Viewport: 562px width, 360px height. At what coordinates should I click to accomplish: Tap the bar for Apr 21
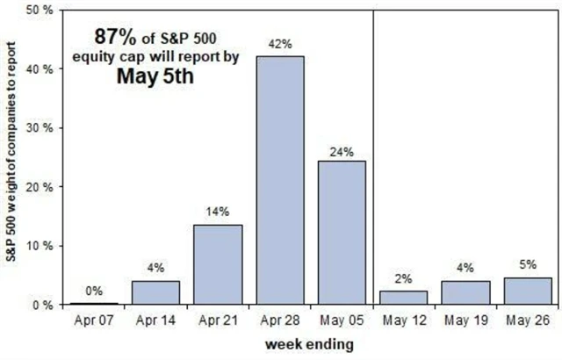pyautogui.click(x=217, y=264)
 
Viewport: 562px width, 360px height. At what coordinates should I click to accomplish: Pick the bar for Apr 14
pyautogui.click(x=155, y=292)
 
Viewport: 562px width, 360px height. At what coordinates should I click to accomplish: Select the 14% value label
pyautogui.click(x=217, y=213)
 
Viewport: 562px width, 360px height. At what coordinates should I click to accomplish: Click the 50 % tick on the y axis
pyautogui.click(x=41, y=10)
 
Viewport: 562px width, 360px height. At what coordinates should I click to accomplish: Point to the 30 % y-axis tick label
pyautogui.click(x=41, y=127)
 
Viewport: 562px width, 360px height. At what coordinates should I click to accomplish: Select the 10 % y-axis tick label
pyautogui.click(x=41, y=246)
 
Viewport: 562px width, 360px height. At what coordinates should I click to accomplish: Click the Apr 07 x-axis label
pyautogui.click(x=94, y=320)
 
